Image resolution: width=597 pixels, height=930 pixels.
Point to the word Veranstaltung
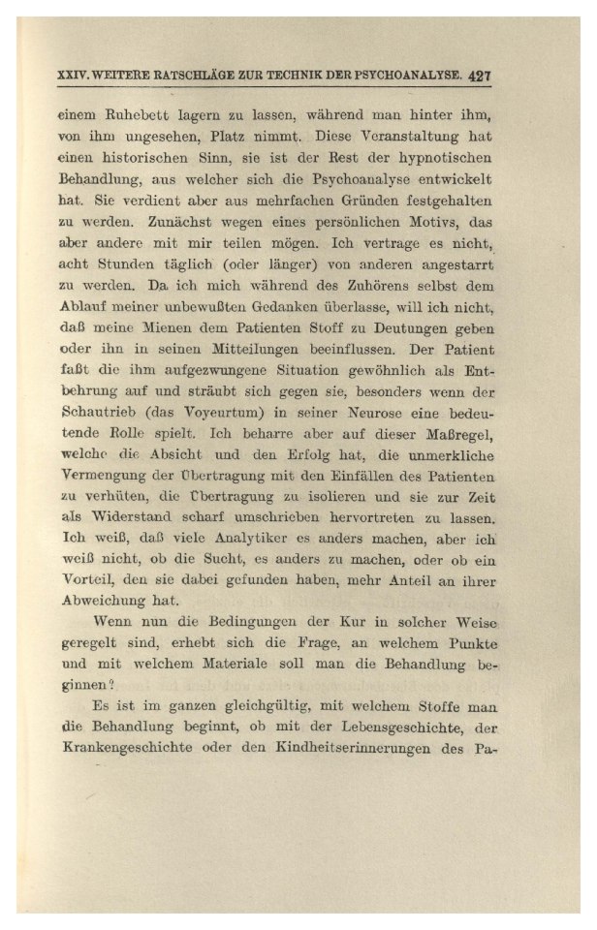[x=386, y=138]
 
